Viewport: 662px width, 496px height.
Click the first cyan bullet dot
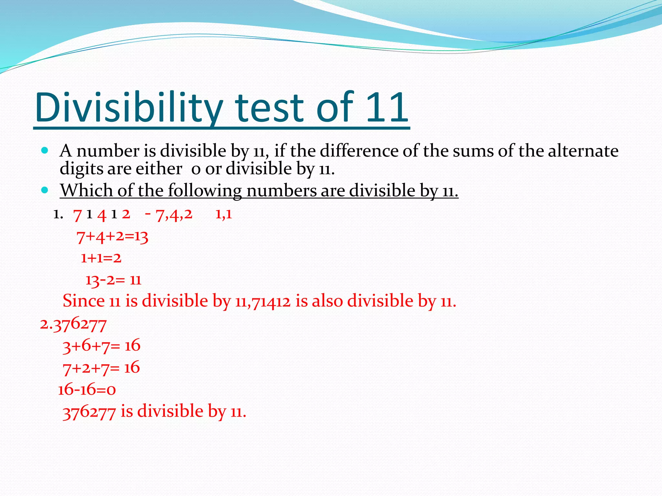coord(45,150)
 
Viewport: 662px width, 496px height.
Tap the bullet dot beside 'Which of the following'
coord(45,190)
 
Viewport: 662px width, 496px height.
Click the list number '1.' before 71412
coord(58,214)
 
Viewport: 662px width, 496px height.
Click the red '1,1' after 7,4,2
coord(224,214)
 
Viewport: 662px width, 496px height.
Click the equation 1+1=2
coord(101,258)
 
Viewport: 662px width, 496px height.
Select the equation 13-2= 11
coord(113,280)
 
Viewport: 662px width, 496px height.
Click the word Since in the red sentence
coord(83,301)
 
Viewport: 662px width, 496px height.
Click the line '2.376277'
coord(73,324)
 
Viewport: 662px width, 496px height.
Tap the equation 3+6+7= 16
coord(101,346)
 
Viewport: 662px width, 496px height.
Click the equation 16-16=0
coord(87,390)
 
